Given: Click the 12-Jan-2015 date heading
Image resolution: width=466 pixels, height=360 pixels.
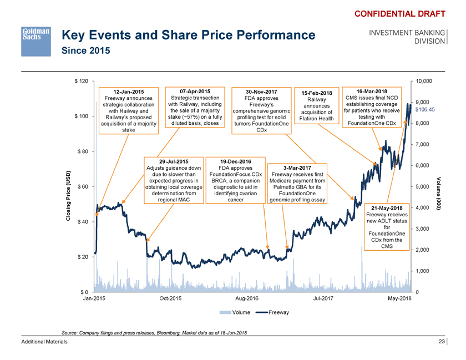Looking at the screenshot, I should pos(128,92).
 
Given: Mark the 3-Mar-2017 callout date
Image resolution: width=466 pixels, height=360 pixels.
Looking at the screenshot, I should pos(297,168).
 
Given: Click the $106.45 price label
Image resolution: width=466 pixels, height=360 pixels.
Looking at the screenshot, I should pos(424,109).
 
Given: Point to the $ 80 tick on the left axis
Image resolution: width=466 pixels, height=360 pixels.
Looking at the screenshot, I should pos(82,151).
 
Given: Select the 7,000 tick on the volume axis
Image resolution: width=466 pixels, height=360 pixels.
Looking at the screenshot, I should pos(423,144).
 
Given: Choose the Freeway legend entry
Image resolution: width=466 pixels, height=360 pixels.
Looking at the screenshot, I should pos(277,312).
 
